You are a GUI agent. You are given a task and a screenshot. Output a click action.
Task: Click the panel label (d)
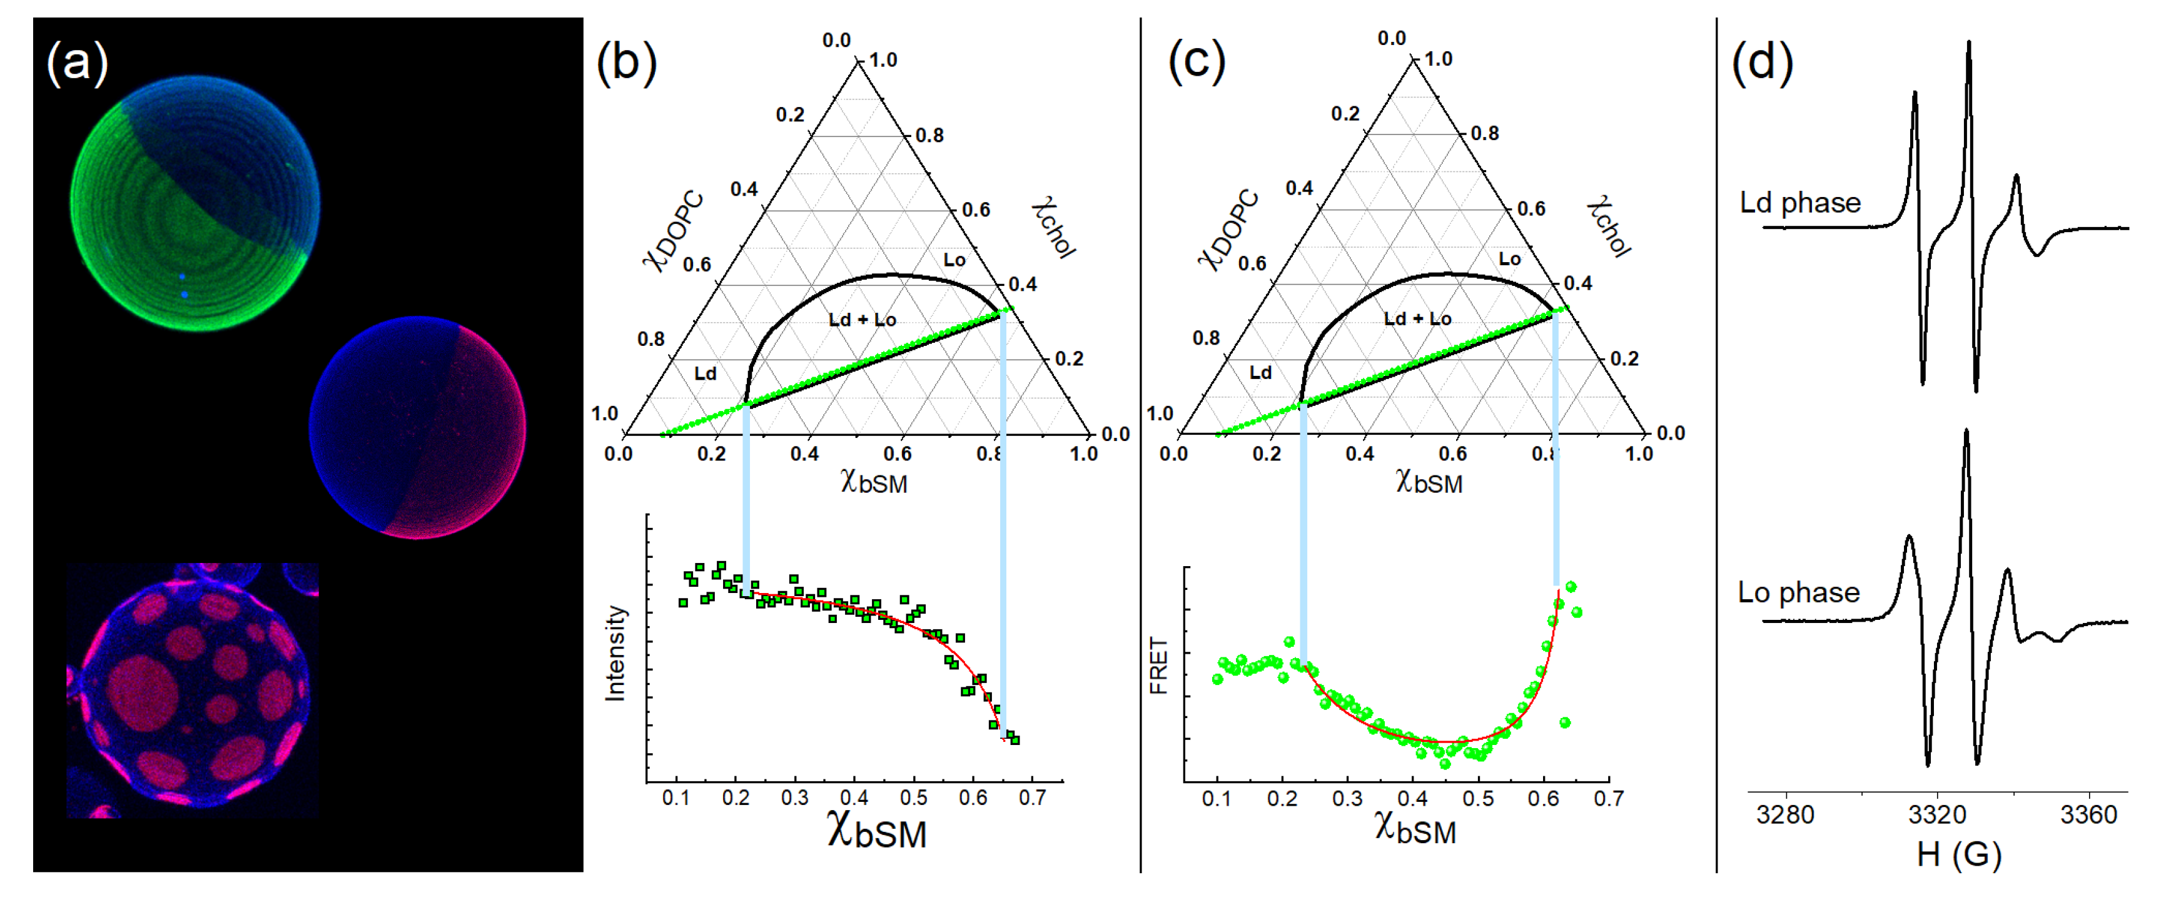click(x=1762, y=63)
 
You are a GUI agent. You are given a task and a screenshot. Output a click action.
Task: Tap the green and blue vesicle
click(x=195, y=203)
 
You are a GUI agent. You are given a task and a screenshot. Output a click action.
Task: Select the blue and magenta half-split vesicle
click(x=417, y=428)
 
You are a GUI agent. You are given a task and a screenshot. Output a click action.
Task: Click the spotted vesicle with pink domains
click(x=193, y=690)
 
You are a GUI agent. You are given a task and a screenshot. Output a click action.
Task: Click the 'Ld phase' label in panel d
click(x=1800, y=203)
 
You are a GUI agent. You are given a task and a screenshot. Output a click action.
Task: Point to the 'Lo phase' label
click(x=1798, y=593)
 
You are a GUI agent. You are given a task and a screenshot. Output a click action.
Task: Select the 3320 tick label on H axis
click(x=1937, y=814)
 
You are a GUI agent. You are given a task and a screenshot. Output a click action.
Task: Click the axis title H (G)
click(x=1958, y=854)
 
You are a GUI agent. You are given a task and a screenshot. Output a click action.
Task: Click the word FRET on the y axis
click(x=1159, y=666)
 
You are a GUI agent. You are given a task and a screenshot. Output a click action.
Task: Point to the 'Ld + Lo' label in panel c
click(x=1417, y=319)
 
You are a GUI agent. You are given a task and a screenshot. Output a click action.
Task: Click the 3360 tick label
click(x=2088, y=814)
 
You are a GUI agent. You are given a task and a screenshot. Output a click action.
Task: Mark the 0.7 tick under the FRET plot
click(x=1608, y=799)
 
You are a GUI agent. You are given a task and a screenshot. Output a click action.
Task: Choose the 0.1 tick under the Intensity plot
click(x=676, y=798)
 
